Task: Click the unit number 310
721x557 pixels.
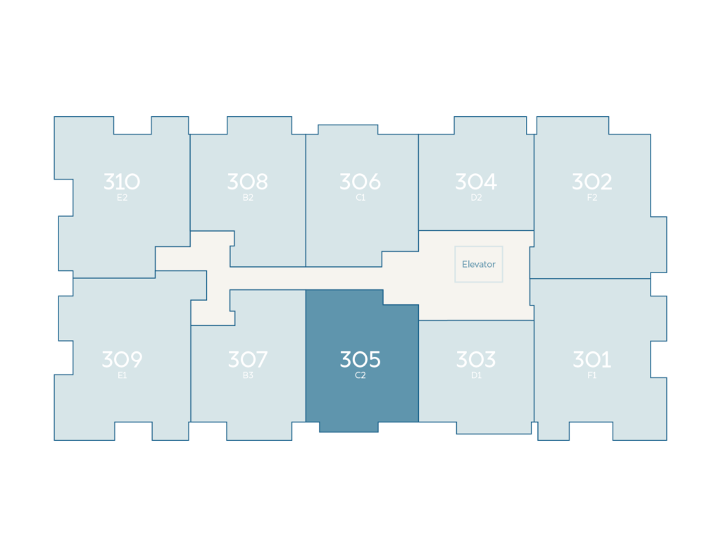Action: (122, 182)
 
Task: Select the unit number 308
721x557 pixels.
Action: (248, 182)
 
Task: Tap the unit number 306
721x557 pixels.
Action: (360, 182)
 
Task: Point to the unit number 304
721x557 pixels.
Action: (476, 182)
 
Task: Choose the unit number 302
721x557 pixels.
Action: (591, 182)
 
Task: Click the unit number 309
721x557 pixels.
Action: (122, 359)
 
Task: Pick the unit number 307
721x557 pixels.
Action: (248, 359)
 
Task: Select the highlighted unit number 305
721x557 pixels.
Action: (360, 359)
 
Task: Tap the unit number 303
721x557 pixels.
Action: (476, 359)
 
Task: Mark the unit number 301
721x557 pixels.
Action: (591, 359)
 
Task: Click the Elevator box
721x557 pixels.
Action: (479, 264)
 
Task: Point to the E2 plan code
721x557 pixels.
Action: (122, 198)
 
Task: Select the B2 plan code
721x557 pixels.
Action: (248, 198)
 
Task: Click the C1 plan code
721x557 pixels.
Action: (360, 198)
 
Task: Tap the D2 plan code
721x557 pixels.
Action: (476, 198)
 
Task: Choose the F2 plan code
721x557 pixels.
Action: (591, 198)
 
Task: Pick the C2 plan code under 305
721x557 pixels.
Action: (360, 375)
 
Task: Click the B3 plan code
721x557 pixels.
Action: (248, 375)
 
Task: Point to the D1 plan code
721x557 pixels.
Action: (476, 375)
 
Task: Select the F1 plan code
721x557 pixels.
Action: (591, 375)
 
